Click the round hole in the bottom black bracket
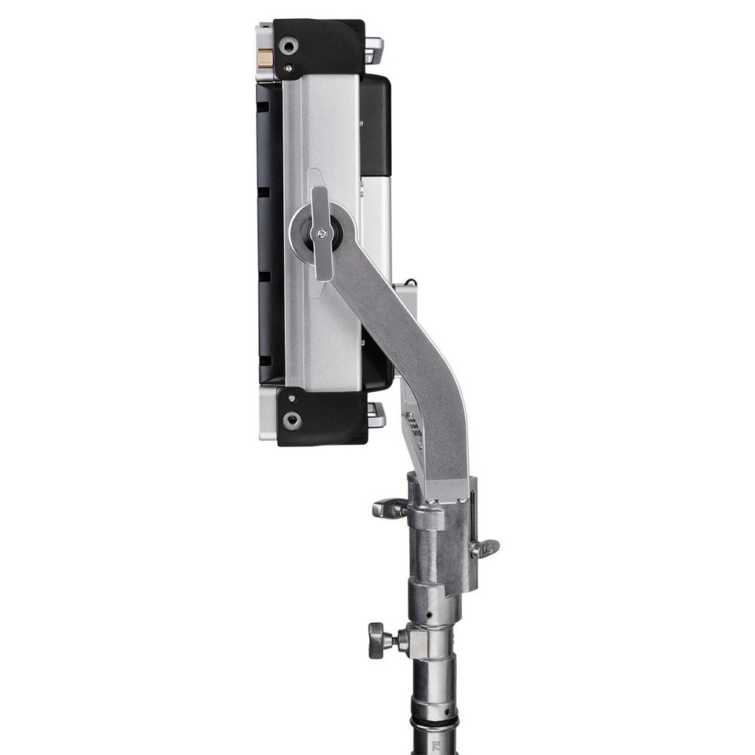pos(292,420)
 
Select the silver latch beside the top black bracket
pos(374,51)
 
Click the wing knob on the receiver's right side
pos(485,548)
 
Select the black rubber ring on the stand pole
pos(434,725)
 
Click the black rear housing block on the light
pos(375,125)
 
